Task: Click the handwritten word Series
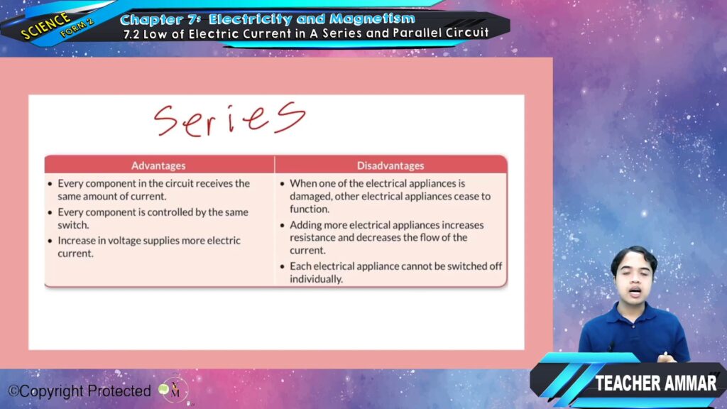(x=229, y=119)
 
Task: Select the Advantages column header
(x=158, y=165)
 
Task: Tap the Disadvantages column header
(x=390, y=165)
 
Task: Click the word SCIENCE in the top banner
(x=45, y=26)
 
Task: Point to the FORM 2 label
(x=77, y=28)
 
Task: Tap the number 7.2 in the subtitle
(x=131, y=34)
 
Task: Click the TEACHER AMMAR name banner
(x=655, y=383)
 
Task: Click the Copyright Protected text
(x=80, y=391)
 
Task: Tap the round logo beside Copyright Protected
(x=173, y=390)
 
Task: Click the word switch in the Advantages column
(x=73, y=225)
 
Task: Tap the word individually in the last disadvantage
(x=316, y=279)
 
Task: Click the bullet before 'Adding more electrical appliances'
(x=282, y=225)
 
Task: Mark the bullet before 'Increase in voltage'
(x=50, y=241)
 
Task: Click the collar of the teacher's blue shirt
(x=634, y=310)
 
